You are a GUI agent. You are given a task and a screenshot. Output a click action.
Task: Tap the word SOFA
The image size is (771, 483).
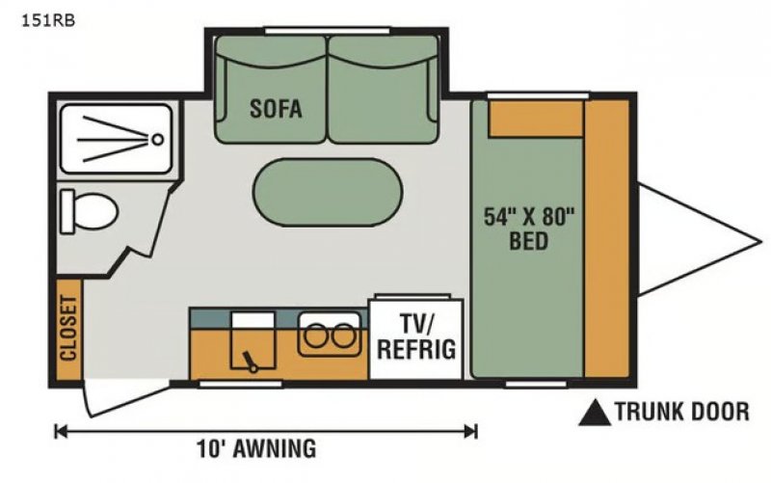(276, 109)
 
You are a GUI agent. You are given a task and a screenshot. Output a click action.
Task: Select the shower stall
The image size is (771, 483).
(116, 140)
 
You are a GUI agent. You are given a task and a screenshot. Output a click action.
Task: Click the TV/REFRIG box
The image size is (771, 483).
(415, 337)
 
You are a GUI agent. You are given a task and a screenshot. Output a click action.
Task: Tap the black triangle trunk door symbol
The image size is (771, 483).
(595, 413)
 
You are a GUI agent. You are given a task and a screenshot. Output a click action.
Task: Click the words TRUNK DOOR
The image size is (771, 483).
(681, 413)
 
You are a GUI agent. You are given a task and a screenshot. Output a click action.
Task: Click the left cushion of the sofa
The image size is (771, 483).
(271, 92)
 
